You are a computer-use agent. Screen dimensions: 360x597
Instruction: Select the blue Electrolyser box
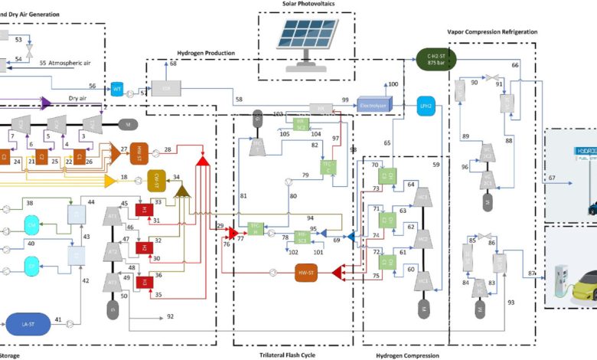pyautogui.click(x=374, y=105)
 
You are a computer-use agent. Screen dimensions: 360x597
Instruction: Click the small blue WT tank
pyautogui.click(x=117, y=90)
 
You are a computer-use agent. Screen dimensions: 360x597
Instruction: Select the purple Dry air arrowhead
pyautogui.click(x=47, y=101)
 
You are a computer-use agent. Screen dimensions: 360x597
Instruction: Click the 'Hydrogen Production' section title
pyautogui.click(x=206, y=53)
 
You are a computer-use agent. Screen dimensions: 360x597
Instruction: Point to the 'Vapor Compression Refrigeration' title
pyautogui.click(x=492, y=32)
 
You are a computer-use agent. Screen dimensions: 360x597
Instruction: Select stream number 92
pyautogui.click(x=170, y=316)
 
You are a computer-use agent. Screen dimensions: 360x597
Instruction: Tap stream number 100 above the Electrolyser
pyautogui.click(x=393, y=83)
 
